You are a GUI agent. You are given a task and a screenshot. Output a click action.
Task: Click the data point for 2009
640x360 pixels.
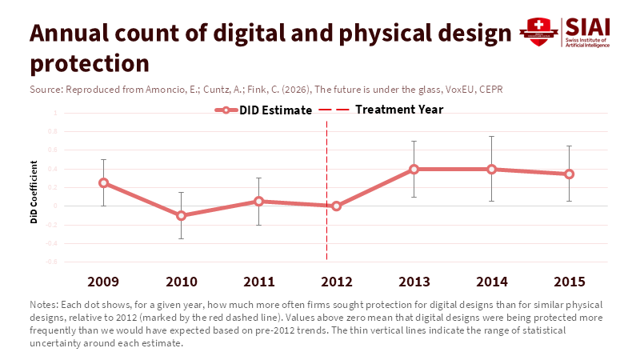click(x=103, y=182)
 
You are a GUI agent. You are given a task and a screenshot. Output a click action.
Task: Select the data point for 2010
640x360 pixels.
click(x=181, y=215)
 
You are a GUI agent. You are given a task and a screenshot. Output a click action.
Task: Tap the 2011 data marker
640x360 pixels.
click(x=258, y=201)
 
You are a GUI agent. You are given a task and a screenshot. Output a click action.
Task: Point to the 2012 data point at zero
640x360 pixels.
click(x=336, y=206)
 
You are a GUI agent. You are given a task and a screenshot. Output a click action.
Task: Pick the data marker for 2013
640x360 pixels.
click(x=414, y=169)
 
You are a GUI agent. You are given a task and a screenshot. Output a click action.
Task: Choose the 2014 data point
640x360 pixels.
click(x=491, y=169)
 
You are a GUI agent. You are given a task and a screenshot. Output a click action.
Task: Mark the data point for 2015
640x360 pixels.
click(x=569, y=174)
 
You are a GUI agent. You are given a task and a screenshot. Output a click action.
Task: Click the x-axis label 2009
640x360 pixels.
click(x=103, y=282)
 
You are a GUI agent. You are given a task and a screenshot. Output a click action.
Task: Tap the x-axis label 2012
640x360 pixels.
click(x=336, y=282)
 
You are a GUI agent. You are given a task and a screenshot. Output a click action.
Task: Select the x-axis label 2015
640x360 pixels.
click(x=569, y=282)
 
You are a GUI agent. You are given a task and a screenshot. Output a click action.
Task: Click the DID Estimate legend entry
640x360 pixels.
click(x=263, y=110)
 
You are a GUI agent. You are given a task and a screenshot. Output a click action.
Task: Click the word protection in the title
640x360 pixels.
click(x=90, y=62)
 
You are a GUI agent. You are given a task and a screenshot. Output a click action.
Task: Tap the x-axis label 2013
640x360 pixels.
click(x=414, y=282)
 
